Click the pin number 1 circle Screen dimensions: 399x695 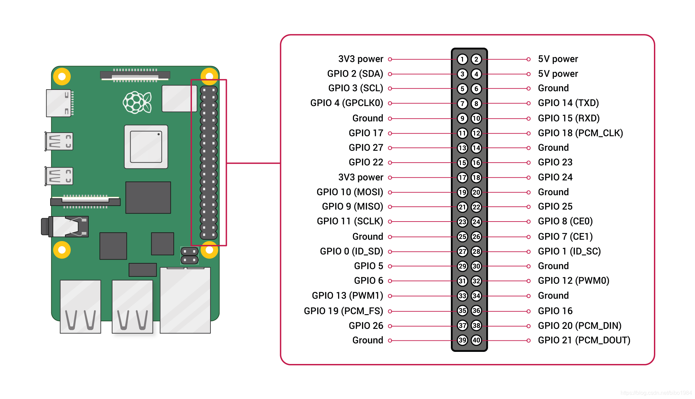[462, 60]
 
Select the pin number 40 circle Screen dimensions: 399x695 [476, 340]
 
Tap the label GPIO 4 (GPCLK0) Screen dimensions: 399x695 [346, 103]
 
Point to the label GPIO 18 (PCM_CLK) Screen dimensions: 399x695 [580, 133]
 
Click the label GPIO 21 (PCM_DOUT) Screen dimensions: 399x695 [584, 340]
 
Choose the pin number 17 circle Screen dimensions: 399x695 [462, 177]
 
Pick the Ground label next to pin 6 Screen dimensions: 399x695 [553, 88]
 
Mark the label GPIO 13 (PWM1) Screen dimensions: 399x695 [347, 296]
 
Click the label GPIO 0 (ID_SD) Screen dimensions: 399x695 [351, 251]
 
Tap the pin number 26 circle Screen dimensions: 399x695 [476, 237]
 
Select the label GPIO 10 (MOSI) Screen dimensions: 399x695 [350, 192]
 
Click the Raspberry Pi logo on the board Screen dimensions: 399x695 [137, 102]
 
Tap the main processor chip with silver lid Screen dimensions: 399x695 [146, 147]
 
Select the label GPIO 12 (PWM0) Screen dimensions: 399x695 [573, 281]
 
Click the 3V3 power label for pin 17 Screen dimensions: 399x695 [361, 177]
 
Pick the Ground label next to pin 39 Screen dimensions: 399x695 [368, 340]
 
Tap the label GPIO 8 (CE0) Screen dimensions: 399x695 [565, 221]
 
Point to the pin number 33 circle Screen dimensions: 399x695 [462, 296]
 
